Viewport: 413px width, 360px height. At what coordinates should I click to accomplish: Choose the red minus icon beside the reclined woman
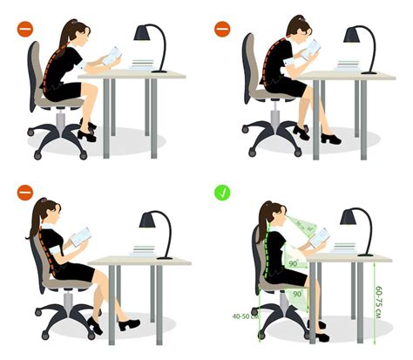pos(23,190)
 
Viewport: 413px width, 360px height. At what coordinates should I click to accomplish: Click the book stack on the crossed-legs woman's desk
pos(141,64)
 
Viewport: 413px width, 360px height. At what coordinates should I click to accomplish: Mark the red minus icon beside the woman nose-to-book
pos(223,29)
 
